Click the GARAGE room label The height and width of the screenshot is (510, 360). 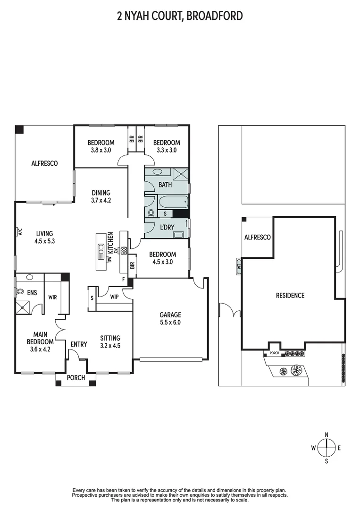[x=170, y=315]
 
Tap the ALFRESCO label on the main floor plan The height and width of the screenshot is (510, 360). [x=44, y=163]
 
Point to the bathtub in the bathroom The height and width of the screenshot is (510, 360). [x=173, y=202]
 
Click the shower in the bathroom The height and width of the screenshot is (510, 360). [x=181, y=173]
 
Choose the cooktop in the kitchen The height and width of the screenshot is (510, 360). [x=124, y=251]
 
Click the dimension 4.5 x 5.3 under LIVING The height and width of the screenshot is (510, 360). [x=44, y=241]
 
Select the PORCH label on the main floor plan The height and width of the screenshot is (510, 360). [x=75, y=378]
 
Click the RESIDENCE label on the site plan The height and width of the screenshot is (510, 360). [x=290, y=295]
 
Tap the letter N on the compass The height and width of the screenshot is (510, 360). [x=327, y=435]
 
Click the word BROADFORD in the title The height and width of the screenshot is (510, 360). [x=215, y=16]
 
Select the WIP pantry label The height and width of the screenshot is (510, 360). [x=114, y=297]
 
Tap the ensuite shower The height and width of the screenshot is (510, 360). [x=23, y=307]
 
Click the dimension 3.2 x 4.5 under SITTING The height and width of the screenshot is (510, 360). [x=110, y=345]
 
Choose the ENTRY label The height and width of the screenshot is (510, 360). [x=79, y=344]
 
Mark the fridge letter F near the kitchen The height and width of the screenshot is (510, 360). [x=124, y=279]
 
